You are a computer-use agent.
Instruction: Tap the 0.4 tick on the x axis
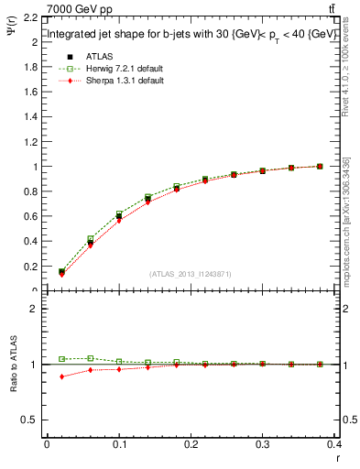point(335,444)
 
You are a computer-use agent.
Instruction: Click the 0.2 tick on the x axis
point(191,444)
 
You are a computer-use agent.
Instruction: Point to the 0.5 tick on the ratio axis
point(29,420)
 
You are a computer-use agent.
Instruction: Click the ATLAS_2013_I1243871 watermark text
point(191,274)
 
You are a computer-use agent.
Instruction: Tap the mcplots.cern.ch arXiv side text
point(345,220)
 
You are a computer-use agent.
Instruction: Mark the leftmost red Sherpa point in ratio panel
point(61,376)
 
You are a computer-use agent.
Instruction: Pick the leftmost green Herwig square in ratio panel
point(61,359)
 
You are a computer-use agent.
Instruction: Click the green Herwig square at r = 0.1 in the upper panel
point(119,213)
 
